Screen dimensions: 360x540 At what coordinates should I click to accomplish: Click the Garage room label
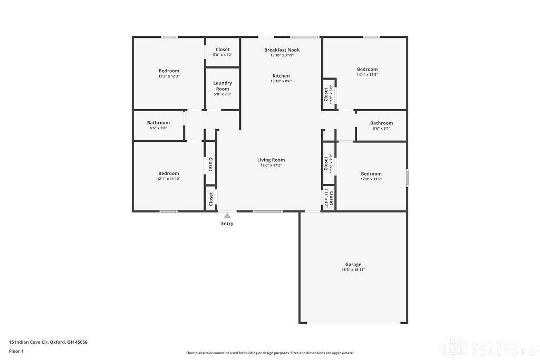pos(353,265)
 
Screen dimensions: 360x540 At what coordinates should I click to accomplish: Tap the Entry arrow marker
pos(227,216)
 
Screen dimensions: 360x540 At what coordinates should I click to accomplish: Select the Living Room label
pos(271,160)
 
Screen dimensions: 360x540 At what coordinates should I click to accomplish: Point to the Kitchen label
pos(281,76)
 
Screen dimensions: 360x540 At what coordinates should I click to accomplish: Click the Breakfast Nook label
pos(282,50)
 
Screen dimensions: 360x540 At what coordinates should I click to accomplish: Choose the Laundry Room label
pos(222,86)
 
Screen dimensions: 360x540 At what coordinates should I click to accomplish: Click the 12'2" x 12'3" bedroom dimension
pos(169,76)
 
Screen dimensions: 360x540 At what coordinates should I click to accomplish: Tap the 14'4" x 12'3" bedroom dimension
pos(367,75)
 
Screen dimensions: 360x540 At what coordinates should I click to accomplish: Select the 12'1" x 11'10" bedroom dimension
pos(169,179)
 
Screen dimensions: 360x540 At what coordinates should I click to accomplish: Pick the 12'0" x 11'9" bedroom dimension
pos(371,179)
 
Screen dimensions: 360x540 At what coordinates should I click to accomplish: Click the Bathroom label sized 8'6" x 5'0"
pos(158,123)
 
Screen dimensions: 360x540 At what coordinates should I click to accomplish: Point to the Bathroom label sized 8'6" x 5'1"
pos(381,123)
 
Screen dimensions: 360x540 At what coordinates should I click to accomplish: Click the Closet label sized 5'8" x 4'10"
pos(222,50)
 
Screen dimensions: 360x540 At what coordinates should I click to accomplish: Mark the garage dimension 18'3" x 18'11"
pos(353,270)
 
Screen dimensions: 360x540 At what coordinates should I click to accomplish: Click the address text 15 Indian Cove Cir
pos(48,342)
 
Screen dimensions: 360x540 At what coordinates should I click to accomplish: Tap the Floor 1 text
pos(16,351)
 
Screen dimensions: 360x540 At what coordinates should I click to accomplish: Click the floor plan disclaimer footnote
pos(269,353)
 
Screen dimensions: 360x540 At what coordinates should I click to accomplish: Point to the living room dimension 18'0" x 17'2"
pos(271,166)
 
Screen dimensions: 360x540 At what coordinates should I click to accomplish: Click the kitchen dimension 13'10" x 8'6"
pos(281,81)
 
